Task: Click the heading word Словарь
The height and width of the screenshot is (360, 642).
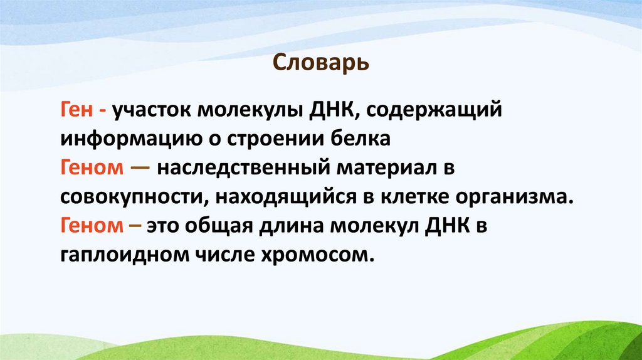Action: pyautogui.click(x=321, y=64)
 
